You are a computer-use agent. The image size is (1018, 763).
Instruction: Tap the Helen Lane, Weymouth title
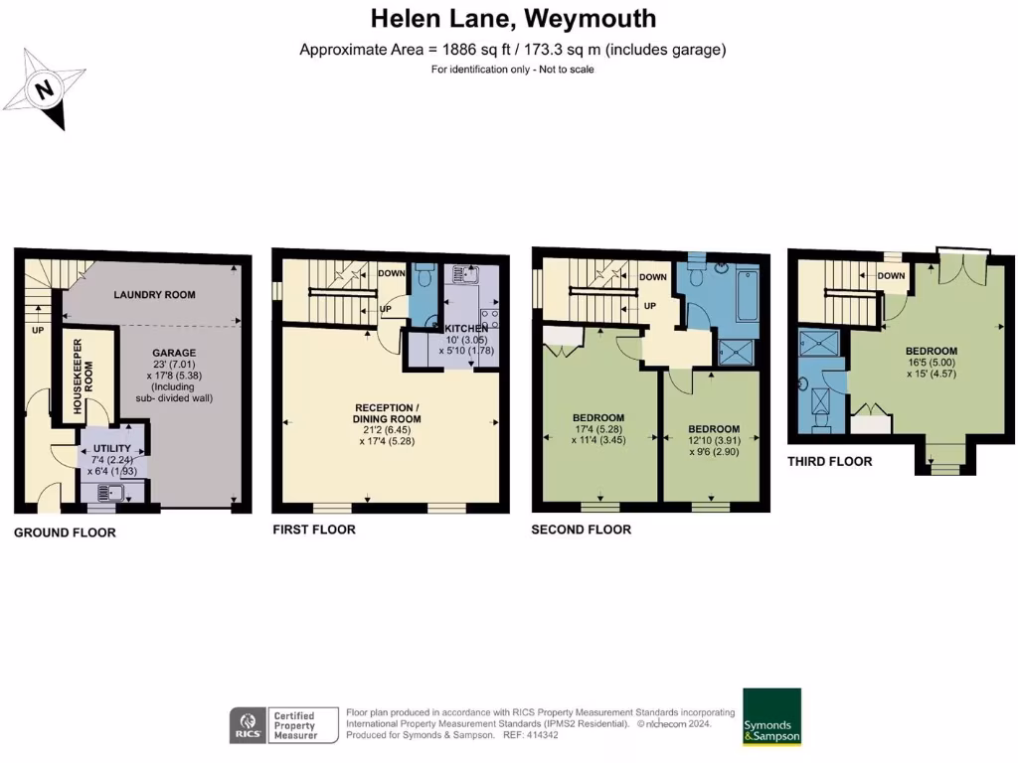(x=513, y=18)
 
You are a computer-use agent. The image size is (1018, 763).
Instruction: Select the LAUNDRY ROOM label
(x=154, y=295)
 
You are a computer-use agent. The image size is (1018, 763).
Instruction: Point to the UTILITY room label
(x=112, y=449)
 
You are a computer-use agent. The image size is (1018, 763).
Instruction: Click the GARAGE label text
(x=174, y=353)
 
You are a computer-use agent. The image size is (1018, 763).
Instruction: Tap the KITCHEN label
(x=466, y=329)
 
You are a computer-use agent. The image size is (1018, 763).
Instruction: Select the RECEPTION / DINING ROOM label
(x=389, y=413)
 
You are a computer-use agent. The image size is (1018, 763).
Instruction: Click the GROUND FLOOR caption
(x=65, y=533)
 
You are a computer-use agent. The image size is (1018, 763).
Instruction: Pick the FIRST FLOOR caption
(x=314, y=530)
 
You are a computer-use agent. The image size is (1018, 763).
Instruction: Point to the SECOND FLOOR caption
(x=581, y=530)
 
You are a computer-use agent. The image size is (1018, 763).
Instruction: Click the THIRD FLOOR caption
(x=830, y=461)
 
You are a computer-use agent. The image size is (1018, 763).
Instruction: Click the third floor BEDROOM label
(x=932, y=351)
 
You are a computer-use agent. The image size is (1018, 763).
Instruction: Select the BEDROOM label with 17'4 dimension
(x=598, y=417)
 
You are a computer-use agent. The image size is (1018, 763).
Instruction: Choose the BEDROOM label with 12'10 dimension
(x=714, y=428)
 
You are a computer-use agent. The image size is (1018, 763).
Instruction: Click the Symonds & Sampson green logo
(x=771, y=716)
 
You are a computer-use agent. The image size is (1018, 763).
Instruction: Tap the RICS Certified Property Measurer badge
(x=274, y=724)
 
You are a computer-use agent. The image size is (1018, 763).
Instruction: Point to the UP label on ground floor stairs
(x=38, y=329)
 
